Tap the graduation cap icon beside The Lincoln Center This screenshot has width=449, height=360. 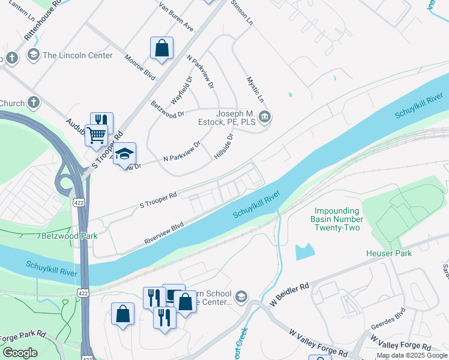point(32,55)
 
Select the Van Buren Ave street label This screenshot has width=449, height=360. point(176,17)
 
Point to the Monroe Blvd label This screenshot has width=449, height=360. point(139,66)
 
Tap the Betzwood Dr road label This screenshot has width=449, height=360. point(167,110)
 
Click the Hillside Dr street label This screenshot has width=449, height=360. point(223,146)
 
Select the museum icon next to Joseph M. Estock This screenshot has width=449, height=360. point(265,116)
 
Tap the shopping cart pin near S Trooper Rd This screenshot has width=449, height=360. point(96,135)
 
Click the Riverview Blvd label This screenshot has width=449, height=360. point(163,234)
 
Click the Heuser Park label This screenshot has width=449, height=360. point(389,253)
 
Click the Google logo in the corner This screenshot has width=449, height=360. point(20,353)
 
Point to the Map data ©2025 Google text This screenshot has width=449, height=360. point(412,355)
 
